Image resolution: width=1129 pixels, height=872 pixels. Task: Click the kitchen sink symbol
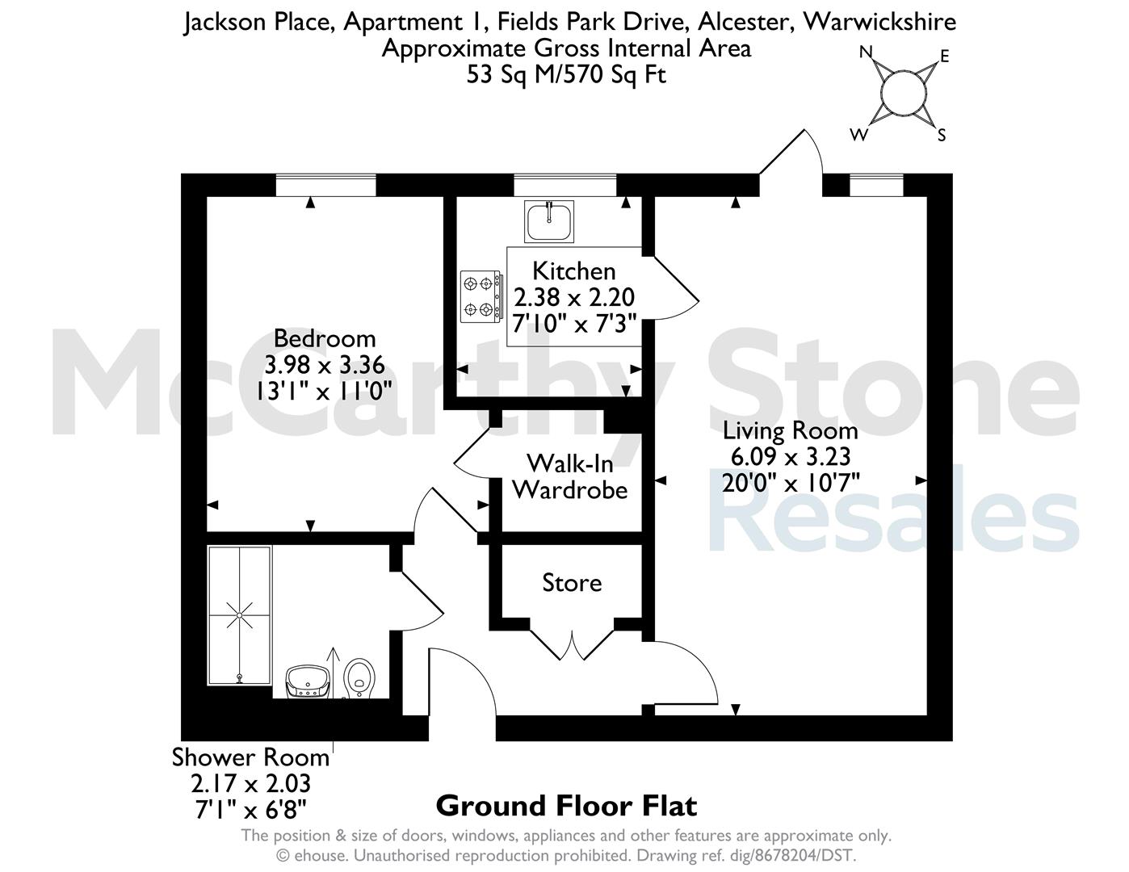548,221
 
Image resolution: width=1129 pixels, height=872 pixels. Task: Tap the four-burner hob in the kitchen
481,296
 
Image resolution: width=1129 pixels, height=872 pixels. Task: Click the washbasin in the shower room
308,682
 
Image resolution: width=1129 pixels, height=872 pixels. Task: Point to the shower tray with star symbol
240,615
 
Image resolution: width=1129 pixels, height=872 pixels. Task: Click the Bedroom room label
325,338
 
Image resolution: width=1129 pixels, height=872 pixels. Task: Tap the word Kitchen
574,271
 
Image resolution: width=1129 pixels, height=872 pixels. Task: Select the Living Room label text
791,430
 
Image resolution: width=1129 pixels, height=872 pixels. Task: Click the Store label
572,583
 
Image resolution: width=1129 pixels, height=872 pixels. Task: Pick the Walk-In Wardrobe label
570,476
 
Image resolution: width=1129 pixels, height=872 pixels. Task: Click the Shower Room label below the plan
250,757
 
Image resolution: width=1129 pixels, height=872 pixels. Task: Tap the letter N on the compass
866,52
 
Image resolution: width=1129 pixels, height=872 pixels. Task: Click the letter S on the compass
942,136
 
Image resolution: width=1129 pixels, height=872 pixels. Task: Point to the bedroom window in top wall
325,186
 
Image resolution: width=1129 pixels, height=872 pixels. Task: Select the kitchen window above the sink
564,186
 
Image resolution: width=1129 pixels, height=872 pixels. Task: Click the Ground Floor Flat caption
566,806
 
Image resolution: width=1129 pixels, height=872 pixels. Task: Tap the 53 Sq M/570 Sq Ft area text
566,74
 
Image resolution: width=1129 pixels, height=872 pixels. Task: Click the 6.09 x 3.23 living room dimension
791,457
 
